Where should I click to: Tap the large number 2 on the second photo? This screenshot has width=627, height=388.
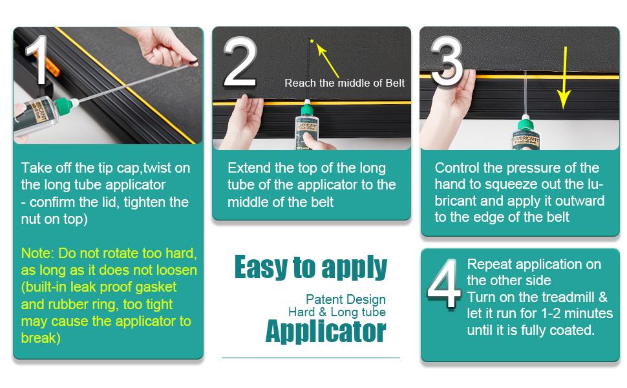click(x=240, y=61)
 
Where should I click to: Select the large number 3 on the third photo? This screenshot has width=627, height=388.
click(x=447, y=61)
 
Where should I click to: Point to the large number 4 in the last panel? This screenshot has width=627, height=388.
click(x=444, y=284)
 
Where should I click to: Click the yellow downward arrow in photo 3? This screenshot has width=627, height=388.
click(x=564, y=78)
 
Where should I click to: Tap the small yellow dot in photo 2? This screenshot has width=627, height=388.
click(x=312, y=41)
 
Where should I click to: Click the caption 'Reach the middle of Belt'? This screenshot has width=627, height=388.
click(x=345, y=83)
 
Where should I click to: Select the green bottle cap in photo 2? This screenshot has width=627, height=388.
click(x=307, y=108)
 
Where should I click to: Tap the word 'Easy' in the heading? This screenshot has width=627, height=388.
click(x=260, y=267)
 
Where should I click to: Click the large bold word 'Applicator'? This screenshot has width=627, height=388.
click(x=326, y=332)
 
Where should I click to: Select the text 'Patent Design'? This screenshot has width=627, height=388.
click(x=346, y=299)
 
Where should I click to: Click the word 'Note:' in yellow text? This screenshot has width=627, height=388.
click(x=37, y=253)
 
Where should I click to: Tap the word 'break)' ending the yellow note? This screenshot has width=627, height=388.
click(x=41, y=338)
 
